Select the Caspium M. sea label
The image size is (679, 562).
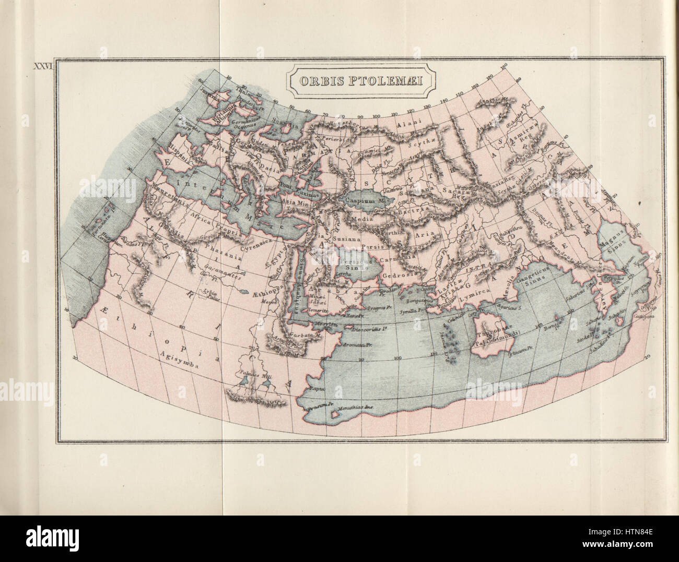(x=364, y=200)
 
